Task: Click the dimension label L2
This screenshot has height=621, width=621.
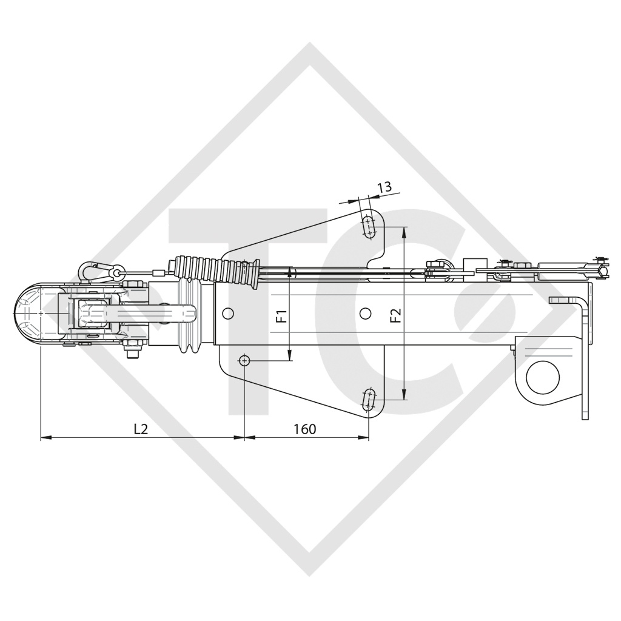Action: click(141, 429)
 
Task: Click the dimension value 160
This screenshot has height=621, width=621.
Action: click(304, 429)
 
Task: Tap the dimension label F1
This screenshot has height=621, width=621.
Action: click(281, 316)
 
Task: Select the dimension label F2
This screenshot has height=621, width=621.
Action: click(395, 316)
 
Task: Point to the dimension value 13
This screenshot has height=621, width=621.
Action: click(384, 187)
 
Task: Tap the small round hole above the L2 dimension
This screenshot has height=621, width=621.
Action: click(244, 360)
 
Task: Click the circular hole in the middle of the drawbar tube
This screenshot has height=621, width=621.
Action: click(364, 313)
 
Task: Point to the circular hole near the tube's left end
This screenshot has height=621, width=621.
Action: click(227, 313)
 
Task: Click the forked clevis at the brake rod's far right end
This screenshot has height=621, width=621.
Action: click(600, 268)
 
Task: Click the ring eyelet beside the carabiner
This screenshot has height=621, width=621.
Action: click(116, 274)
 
